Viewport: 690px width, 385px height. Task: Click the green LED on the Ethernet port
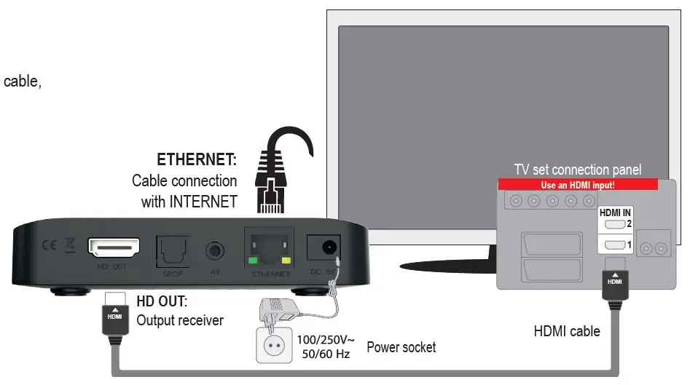253,260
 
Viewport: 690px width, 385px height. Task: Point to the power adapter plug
281,309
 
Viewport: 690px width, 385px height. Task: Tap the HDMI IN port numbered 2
611,225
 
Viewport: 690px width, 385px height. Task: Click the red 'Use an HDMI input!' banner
578,186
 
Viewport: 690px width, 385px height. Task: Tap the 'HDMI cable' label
566,331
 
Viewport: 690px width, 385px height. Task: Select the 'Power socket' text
401,347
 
